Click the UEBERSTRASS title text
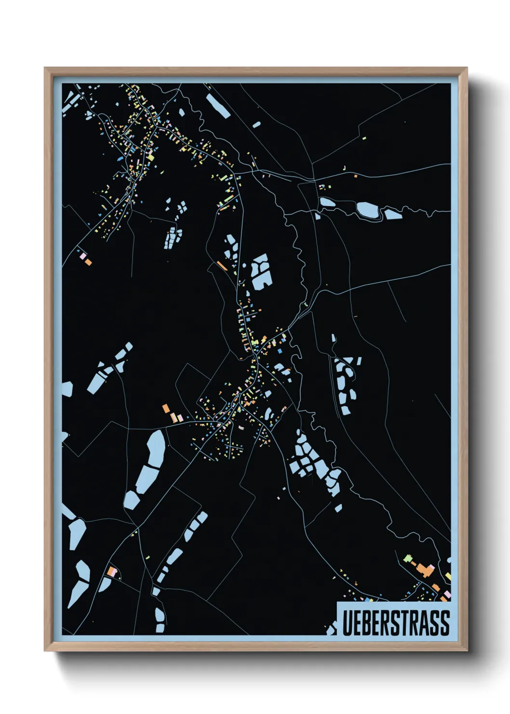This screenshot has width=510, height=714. [x=395, y=622]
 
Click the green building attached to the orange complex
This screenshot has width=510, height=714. [x=408, y=559]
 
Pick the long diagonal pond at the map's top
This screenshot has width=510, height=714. [x=218, y=106]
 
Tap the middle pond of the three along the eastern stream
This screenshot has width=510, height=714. [x=367, y=209]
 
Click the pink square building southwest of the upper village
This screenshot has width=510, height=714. [x=82, y=255]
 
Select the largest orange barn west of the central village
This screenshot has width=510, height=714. [x=166, y=408]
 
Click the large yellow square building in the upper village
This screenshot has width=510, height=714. [x=150, y=157]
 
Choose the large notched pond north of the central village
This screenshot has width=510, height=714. [x=261, y=272]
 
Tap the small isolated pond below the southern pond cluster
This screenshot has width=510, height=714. [x=338, y=508]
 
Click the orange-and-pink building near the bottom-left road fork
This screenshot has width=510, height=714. [x=112, y=572]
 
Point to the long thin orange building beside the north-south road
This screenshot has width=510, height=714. [x=222, y=265]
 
